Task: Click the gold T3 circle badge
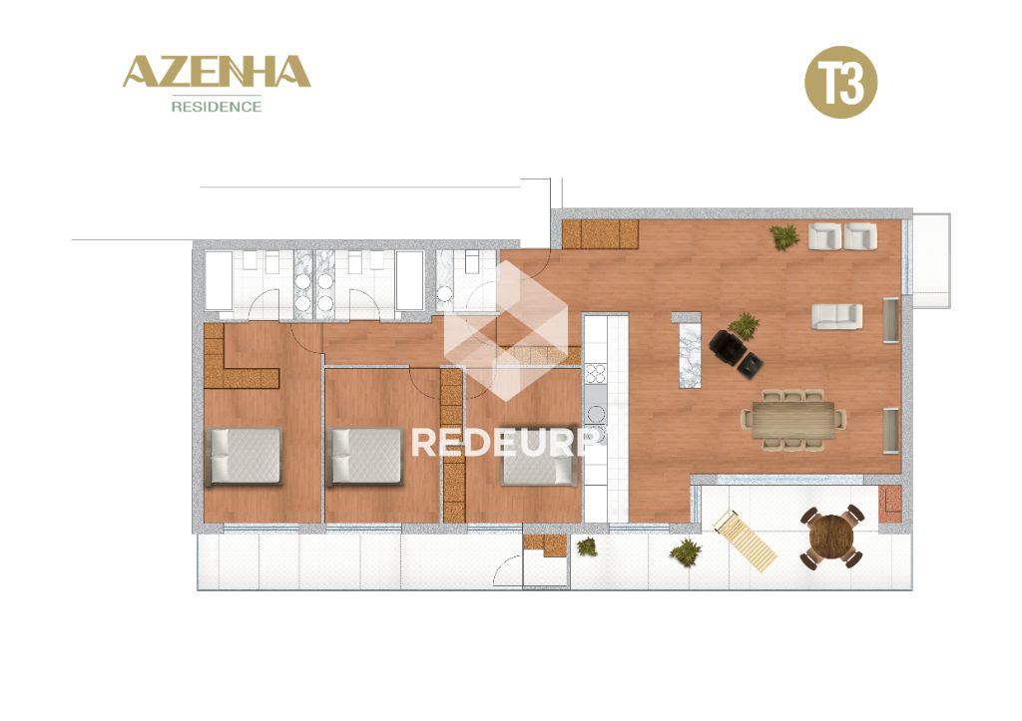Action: [840, 82]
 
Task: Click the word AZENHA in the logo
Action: [217, 72]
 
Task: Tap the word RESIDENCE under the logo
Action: [217, 106]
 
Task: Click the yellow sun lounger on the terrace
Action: [745, 541]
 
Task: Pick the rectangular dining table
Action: [793, 420]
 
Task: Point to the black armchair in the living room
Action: [727, 346]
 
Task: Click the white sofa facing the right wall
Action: [837, 316]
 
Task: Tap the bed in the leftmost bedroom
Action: [244, 457]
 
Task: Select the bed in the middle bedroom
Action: [365, 457]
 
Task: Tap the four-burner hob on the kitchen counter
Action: [595, 373]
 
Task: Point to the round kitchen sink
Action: [596, 414]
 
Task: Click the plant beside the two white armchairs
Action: [784, 236]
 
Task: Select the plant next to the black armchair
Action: [744, 324]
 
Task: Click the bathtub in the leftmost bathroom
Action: [219, 280]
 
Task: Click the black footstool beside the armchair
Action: [751, 365]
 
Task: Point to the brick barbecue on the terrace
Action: [889, 505]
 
